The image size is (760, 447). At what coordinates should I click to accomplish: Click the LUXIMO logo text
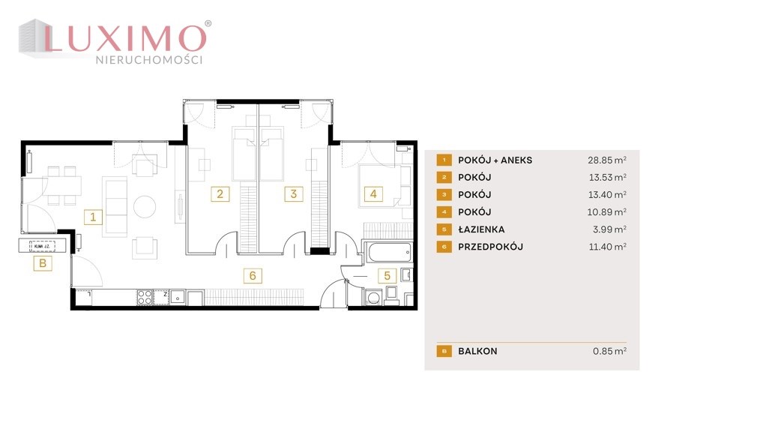126,38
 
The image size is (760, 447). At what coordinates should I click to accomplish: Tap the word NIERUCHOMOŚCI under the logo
149,60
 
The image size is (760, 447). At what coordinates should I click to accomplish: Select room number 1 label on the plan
93,217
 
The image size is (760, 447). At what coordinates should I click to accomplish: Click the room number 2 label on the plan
220,194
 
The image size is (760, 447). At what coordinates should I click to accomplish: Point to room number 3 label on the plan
293,194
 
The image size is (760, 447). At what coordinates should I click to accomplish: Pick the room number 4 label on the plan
373,194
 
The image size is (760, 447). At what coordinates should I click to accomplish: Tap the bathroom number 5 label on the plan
387,276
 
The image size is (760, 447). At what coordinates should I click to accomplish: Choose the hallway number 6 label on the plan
253,276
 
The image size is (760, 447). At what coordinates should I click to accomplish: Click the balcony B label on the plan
43,263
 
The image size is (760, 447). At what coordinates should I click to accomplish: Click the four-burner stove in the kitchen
145,297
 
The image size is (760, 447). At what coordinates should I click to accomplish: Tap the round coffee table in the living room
145,207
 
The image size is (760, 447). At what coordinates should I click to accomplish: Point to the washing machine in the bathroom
373,297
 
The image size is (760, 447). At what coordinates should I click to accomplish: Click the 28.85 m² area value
607,160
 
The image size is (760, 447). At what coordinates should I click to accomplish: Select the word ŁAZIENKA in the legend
481,229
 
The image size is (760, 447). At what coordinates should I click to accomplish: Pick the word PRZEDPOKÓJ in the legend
490,247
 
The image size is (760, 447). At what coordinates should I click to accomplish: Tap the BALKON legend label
477,351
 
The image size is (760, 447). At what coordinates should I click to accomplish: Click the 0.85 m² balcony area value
610,351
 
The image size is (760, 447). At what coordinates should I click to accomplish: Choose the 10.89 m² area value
607,211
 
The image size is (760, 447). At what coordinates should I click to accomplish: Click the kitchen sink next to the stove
178,297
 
